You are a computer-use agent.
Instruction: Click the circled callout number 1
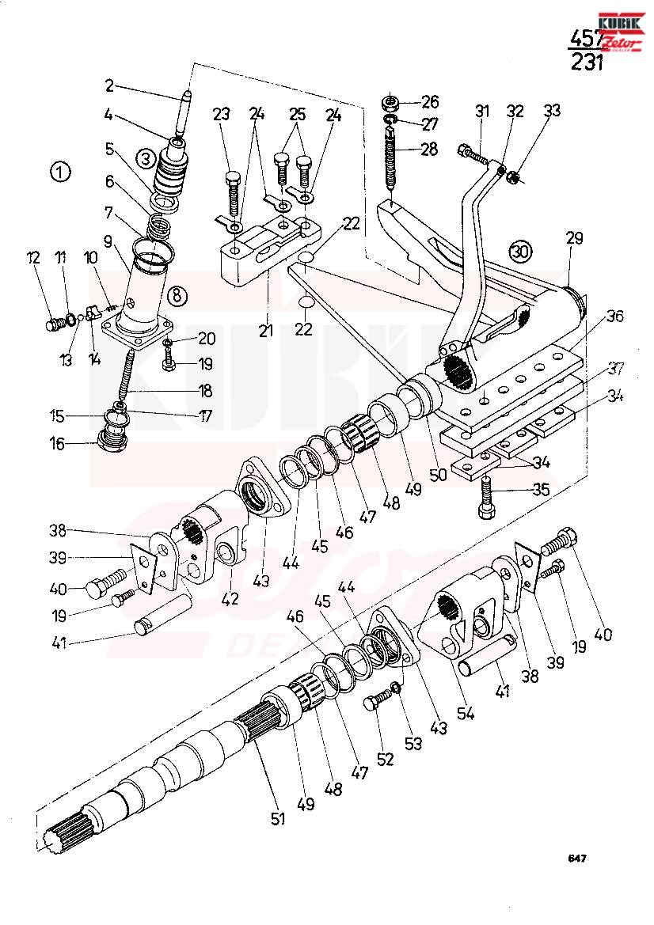(59, 172)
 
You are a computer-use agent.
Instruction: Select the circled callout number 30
(519, 251)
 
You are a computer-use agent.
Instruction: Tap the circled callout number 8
(178, 295)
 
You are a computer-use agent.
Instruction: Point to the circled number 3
(145, 158)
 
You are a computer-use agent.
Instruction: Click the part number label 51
(277, 819)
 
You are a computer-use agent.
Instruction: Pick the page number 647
(576, 859)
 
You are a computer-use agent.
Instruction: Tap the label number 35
(541, 489)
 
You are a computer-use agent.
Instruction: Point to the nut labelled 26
(389, 103)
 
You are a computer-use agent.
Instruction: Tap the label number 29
(575, 237)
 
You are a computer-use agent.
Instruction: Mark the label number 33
(551, 111)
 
